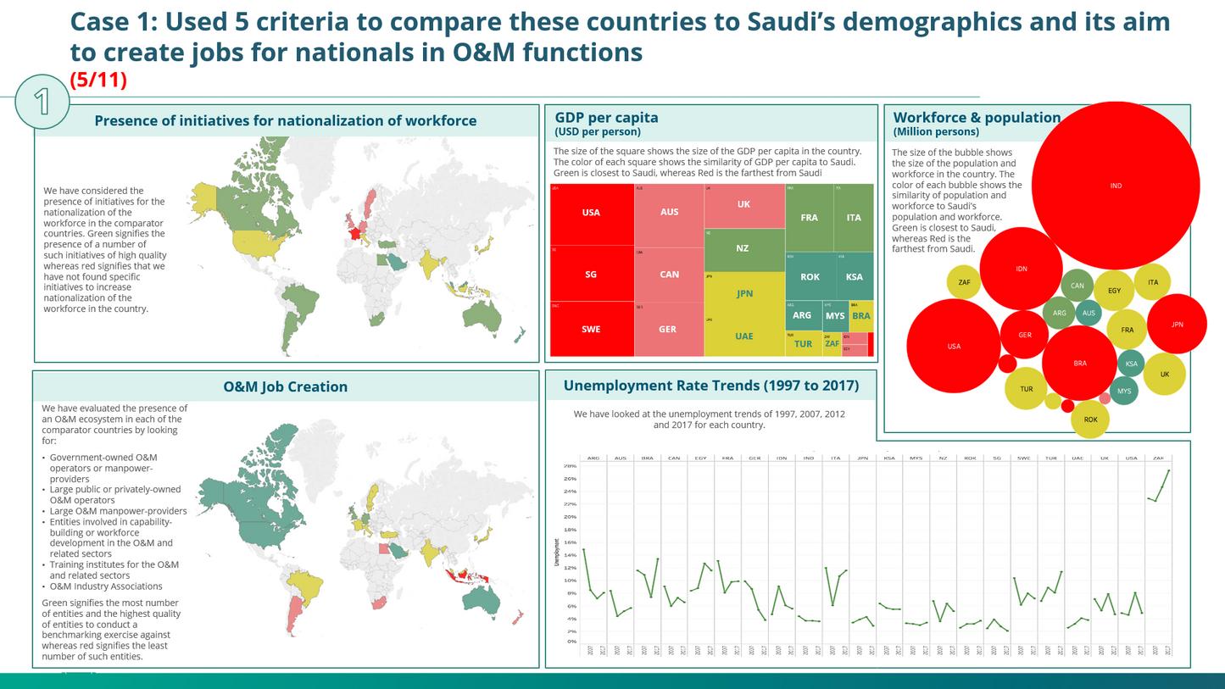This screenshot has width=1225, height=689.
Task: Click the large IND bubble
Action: (1115, 186)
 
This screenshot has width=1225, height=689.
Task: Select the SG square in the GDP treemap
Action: (591, 275)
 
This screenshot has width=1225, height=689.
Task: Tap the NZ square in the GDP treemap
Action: (743, 248)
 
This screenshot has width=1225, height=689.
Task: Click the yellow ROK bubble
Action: (1090, 420)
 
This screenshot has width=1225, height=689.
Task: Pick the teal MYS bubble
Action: (1123, 392)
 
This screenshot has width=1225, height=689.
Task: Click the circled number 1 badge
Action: (42, 102)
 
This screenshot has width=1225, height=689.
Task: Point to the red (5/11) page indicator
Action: (98, 81)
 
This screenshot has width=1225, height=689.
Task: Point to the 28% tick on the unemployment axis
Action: (570, 466)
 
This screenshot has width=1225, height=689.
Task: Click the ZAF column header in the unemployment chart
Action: (1158, 458)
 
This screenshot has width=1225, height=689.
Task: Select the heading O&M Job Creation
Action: (285, 387)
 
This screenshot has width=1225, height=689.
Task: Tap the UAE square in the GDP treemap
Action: (743, 336)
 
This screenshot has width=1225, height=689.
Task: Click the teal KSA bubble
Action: (1131, 364)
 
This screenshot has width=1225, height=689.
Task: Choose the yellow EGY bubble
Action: (1114, 291)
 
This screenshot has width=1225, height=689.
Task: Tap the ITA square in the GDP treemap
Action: (853, 218)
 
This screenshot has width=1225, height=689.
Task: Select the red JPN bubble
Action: (1177, 325)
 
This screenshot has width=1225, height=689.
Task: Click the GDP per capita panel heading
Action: (606, 118)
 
